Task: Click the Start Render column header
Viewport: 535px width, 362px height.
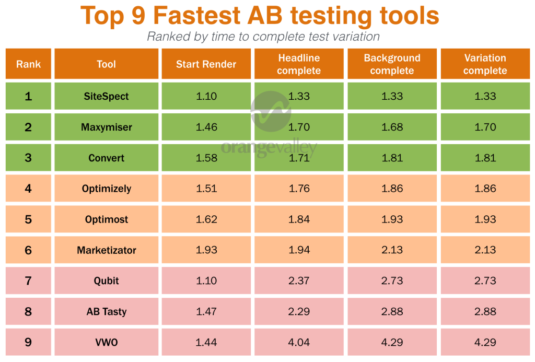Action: point(206,64)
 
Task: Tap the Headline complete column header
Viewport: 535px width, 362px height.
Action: point(299,64)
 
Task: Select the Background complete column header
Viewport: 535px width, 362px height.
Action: point(392,64)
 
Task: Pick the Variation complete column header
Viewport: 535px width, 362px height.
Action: point(485,64)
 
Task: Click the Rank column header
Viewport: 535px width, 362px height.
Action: point(28,64)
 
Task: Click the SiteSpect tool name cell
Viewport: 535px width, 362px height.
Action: point(106,96)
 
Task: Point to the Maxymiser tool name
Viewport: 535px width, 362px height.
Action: point(106,127)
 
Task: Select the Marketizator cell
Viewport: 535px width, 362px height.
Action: point(106,250)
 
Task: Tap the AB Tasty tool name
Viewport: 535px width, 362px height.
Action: point(106,311)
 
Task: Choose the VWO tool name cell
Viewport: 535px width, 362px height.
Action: point(106,342)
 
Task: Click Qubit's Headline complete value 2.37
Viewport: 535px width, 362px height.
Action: point(299,281)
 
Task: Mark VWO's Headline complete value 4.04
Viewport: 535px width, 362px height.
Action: point(299,342)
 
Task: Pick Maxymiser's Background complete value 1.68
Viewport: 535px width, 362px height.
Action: point(392,127)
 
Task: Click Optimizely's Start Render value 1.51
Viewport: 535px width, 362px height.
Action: point(206,189)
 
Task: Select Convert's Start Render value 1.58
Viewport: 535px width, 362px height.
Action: point(206,158)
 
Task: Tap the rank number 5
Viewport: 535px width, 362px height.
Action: point(28,219)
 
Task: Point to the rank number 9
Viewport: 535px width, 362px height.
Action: point(28,342)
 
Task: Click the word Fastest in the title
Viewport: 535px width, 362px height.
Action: point(197,15)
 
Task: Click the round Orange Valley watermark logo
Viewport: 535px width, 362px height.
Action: point(271,111)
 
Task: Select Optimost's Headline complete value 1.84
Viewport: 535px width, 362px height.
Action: point(299,219)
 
